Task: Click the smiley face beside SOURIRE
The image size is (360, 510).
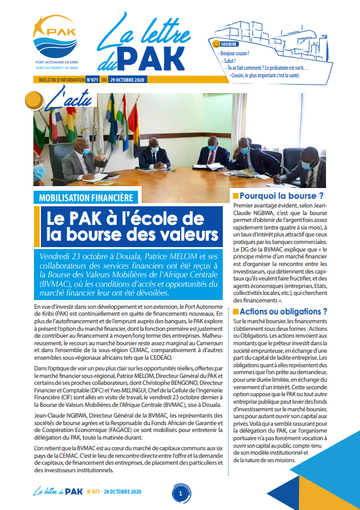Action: coord(216,46)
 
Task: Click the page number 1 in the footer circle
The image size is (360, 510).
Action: coord(180,494)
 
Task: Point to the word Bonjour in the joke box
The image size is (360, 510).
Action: coord(229,53)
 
